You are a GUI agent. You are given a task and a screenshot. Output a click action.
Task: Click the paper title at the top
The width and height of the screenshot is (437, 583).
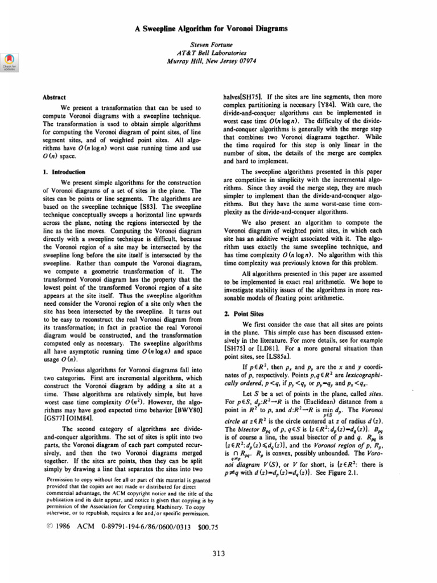pyautogui.click(x=218, y=27)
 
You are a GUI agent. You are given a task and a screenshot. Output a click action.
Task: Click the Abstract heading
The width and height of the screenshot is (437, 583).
pyautogui.click(x=55, y=97)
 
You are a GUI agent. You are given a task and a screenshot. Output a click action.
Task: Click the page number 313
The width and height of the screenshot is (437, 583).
pyautogui.click(x=218, y=552)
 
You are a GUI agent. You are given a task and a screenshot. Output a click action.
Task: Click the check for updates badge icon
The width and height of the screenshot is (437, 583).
pyautogui.click(x=9, y=59)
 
